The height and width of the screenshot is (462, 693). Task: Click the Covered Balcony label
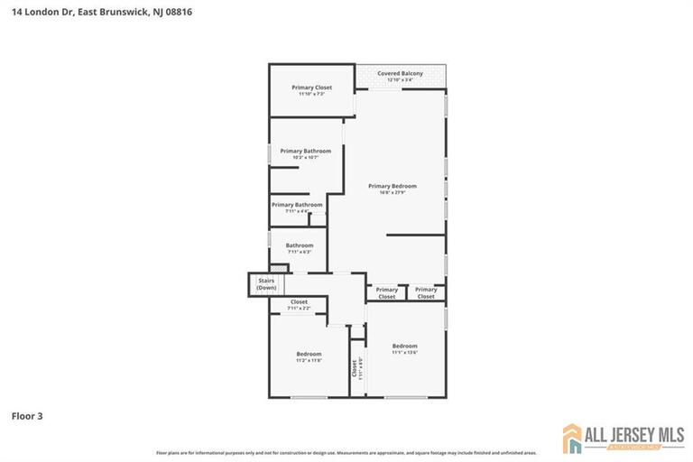tap(400, 73)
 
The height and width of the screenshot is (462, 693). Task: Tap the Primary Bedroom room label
tap(393, 186)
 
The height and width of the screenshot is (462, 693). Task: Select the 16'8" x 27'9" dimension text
tap(393, 192)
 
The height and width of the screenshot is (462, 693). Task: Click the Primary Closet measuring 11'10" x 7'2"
tap(311, 88)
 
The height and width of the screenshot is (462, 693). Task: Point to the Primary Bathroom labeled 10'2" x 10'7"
tap(305, 151)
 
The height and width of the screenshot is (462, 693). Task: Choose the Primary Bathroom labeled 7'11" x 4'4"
tap(297, 205)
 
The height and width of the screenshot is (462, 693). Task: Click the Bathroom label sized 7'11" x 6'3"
tap(300, 245)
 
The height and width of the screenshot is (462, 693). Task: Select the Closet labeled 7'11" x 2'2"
tap(299, 302)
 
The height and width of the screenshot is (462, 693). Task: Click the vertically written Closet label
tap(354, 369)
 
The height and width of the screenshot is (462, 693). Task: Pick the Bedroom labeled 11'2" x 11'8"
tap(309, 354)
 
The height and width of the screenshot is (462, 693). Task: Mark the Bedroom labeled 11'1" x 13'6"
tap(404, 346)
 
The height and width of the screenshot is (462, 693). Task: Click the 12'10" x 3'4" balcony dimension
tap(400, 80)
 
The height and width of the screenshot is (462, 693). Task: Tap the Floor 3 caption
tap(27, 416)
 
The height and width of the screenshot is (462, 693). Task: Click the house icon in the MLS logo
tap(574, 438)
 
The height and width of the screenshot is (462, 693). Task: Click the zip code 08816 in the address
tap(177, 13)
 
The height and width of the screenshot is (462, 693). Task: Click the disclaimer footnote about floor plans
tap(346, 452)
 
